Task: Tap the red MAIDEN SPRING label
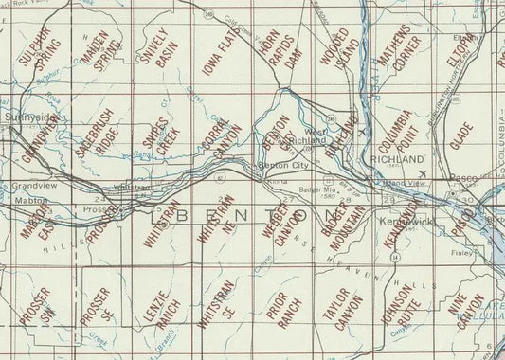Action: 101,55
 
